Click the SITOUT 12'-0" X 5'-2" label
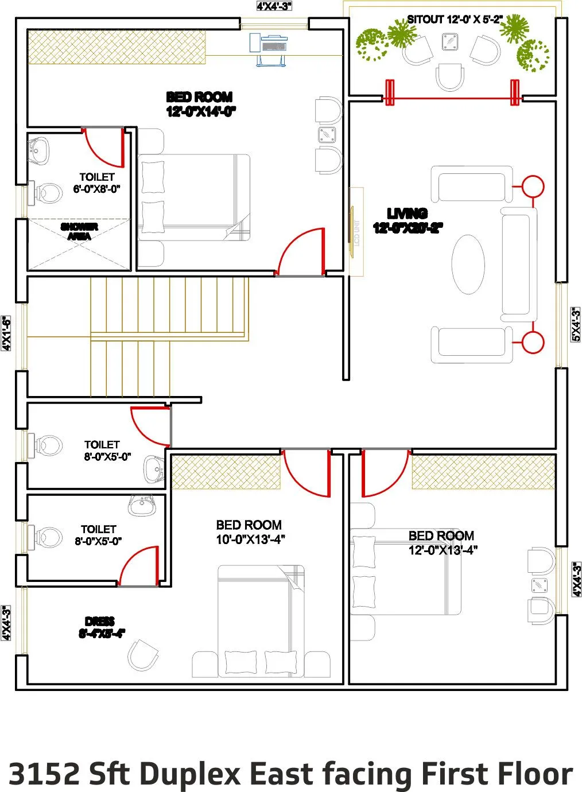(455, 20)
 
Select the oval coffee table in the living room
(472, 264)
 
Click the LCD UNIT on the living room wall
(356, 232)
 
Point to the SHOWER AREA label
(79, 231)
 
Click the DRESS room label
(100, 627)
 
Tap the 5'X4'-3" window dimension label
(575, 325)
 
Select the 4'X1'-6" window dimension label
(6, 333)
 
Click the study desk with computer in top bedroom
(269, 48)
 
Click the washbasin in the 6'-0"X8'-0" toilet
(39, 150)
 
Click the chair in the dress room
(142, 655)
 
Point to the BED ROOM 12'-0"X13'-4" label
(442, 542)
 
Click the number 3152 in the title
(45, 773)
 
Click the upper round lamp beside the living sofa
(533, 187)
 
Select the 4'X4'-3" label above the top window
(274, 6)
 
